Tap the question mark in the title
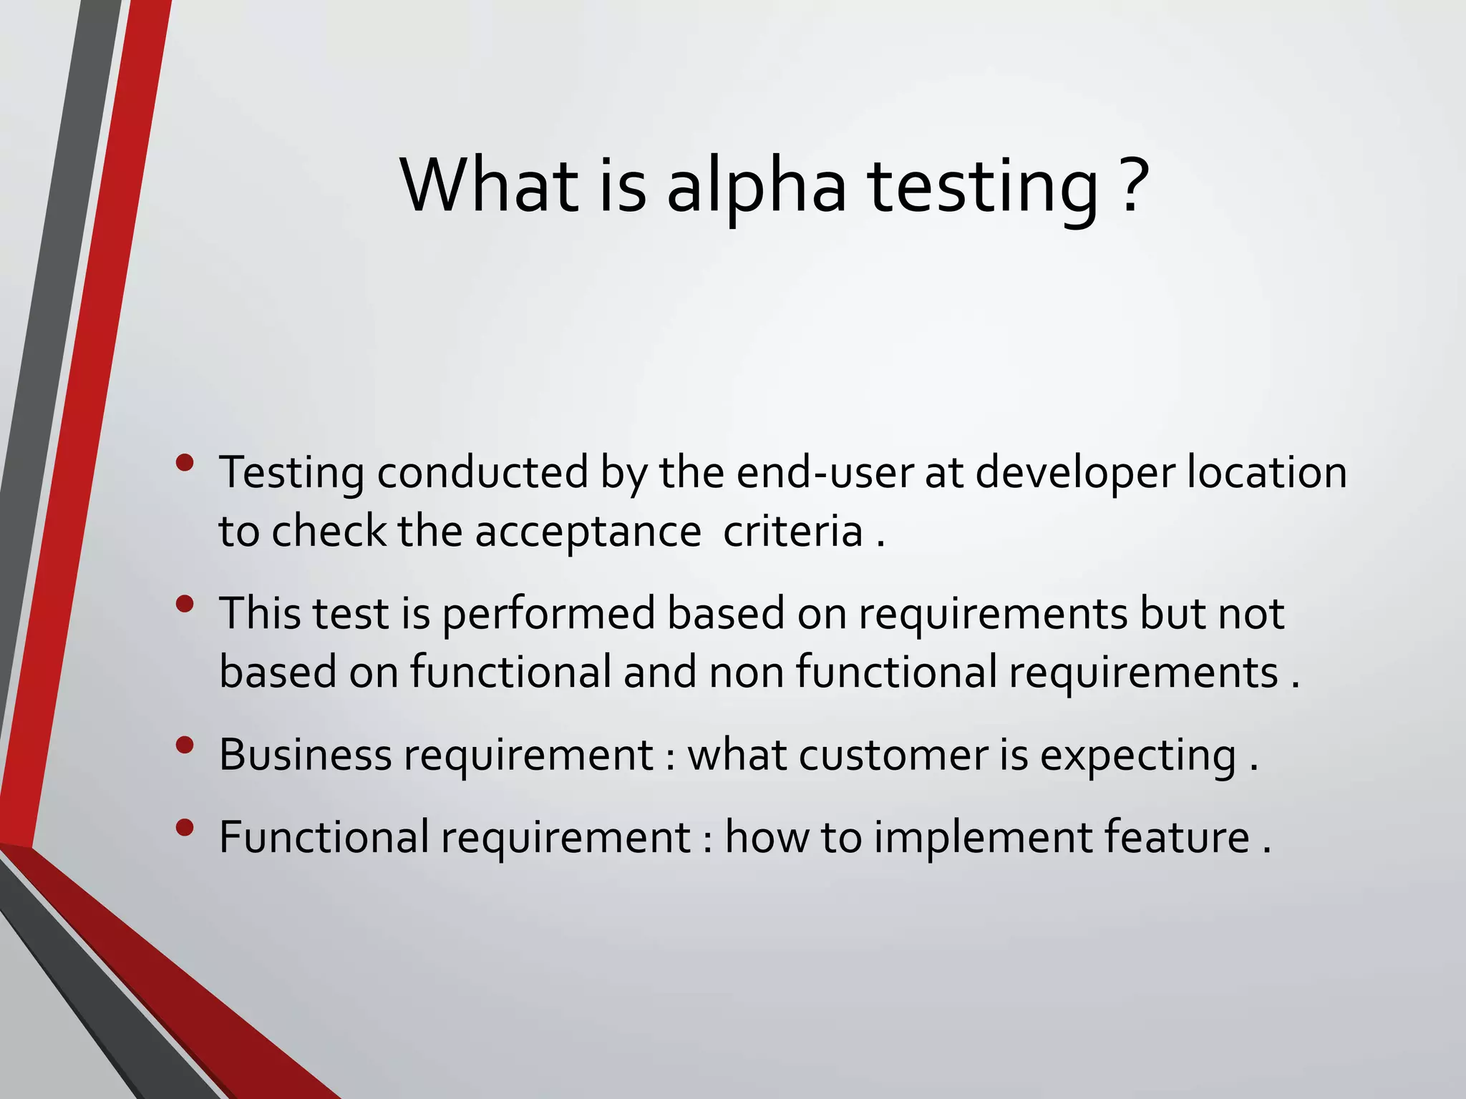(1132, 185)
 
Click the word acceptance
(587, 532)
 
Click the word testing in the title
(982, 187)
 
